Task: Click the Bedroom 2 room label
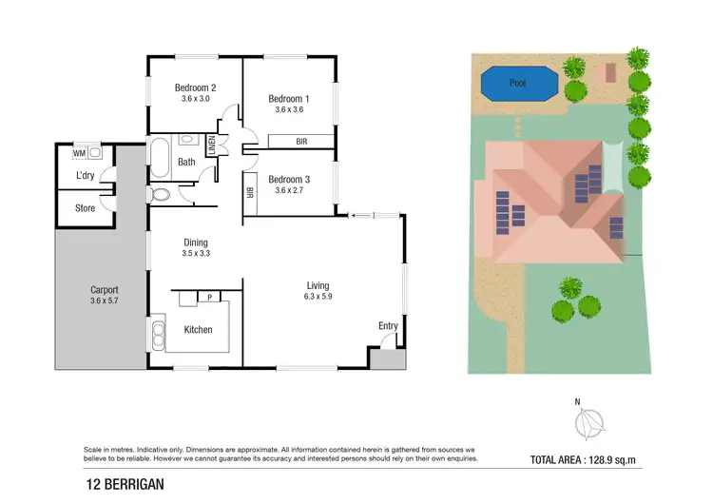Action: [x=193, y=87]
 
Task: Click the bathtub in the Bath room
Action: [x=159, y=159]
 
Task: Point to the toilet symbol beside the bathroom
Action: [x=161, y=195]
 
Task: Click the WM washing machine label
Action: [x=80, y=152]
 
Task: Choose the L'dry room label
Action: [x=85, y=177]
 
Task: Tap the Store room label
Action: [x=85, y=207]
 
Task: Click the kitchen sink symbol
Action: [x=157, y=333]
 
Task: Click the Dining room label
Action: [x=195, y=242]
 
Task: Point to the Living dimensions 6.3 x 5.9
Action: [x=318, y=297]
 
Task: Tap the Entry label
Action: [x=388, y=326]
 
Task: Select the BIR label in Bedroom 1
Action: [x=300, y=142]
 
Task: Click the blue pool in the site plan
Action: [x=517, y=84]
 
